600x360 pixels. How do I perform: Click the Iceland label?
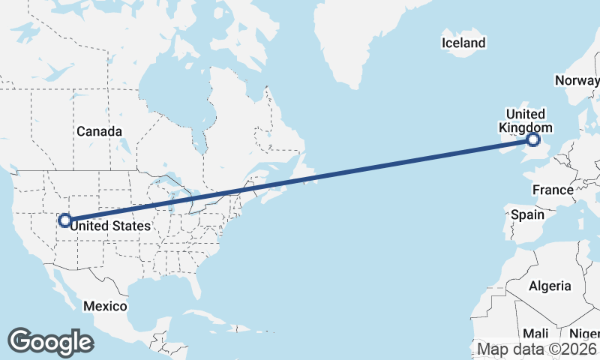[463, 43]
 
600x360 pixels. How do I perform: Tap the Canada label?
[99, 131]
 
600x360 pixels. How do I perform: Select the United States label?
[115, 223]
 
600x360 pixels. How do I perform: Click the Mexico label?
[105, 306]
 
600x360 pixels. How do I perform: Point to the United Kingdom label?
[526, 121]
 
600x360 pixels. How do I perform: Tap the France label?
[553, 190]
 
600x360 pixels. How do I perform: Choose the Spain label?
[526, 214]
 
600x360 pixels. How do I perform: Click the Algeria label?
[550, 286]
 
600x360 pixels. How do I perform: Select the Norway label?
[576, 80]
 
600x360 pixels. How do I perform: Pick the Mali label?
[535, 333]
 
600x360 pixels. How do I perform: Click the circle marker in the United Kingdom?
[533, 139]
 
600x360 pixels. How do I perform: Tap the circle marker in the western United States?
[65, 220]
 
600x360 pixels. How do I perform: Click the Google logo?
[50, 342]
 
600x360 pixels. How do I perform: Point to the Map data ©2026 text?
[537, 349]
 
